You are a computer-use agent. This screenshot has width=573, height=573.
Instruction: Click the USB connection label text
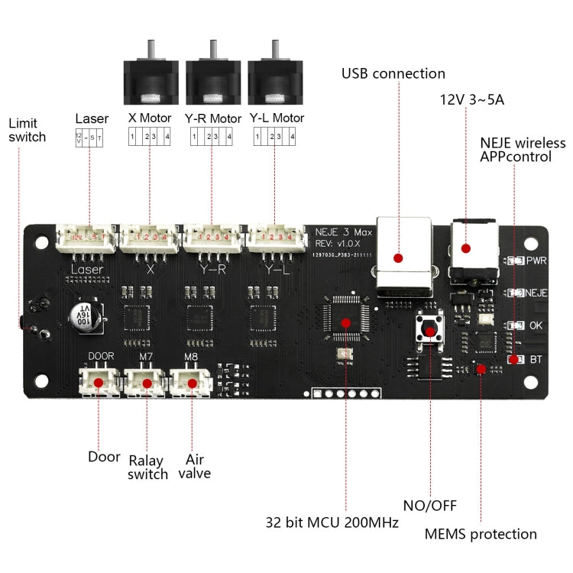[x=393, y=74]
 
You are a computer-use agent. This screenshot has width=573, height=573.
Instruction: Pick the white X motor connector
[x=150, y=238]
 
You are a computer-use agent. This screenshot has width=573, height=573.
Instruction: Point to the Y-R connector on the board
[x=211, y=238]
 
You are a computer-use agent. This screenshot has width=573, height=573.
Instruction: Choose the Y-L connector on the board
[x=274, y=238]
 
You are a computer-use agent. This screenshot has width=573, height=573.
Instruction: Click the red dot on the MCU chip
[x=345, y=322]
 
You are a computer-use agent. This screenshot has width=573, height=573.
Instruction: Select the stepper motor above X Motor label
[x=151, y=77]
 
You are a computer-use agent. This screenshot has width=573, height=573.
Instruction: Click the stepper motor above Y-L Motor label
[x=275, y=77]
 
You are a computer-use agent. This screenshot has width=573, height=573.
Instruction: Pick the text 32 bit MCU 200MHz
[x=332, y=523]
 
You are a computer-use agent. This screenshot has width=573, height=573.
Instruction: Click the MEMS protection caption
[x=482, y=534]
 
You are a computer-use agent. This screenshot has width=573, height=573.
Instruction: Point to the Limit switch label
[x=27, y=130]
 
